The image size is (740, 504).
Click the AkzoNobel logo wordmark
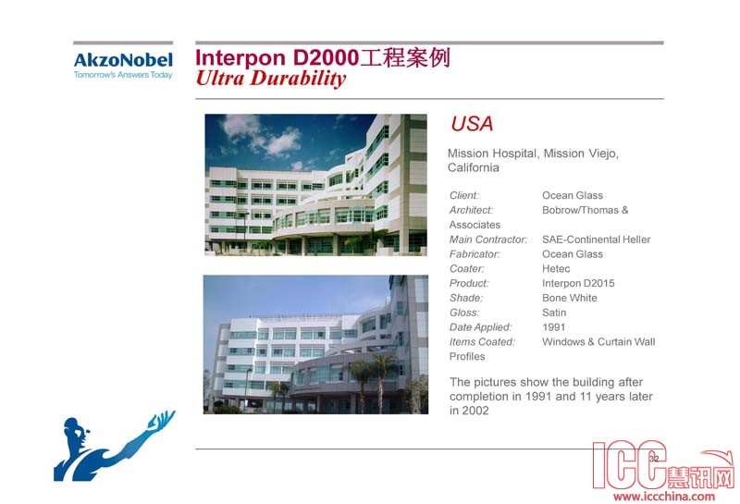point(123,60)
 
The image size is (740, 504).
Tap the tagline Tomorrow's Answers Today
point(123,75)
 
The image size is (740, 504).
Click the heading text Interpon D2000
point(277,57)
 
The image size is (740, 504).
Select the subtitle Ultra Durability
point(271,78)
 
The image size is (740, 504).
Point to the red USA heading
point(472,124)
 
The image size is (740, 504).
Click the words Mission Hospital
point(492,154)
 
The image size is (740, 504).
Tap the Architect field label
point(471,210)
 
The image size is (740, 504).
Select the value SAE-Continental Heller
point(596,240)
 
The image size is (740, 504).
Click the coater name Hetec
point(556,268)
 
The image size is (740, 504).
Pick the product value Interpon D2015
point(578,283)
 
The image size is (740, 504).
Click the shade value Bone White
point(570,298)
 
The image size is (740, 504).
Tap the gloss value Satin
point(554,313)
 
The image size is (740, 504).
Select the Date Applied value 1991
point(553,327)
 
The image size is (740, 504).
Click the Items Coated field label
point(482,341)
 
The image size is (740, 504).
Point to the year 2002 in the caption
point(475,411)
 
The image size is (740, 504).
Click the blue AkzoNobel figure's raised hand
point(163,419)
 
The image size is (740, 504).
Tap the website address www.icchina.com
point(664,496)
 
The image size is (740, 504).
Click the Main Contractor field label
point(488,240)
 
